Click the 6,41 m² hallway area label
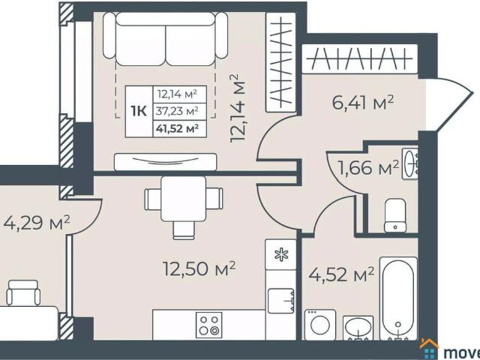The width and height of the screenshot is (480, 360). pyautogui.click(x=363, y=103)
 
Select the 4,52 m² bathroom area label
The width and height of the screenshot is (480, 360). pyautogui.click(x=341, y=274)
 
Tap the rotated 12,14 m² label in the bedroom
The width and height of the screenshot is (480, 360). pyautogui.click(x=239, y=107)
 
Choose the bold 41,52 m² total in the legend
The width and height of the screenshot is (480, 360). pyautogui.click(x=176, y=128)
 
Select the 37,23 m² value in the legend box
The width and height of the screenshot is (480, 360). pyautogui.click(x=176, y=111)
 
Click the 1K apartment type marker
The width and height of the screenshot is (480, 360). pyautogui.click(x=138, y=111)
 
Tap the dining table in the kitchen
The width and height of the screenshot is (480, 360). pyautogui.click(x=184, y=199)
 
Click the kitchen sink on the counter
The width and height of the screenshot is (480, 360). pyautogui.click(x=281, y=301)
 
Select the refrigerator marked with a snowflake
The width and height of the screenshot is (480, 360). pyautogui.click(x=281, y=254)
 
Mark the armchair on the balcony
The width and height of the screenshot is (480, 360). pyautogui.click(x=23, y=292)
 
